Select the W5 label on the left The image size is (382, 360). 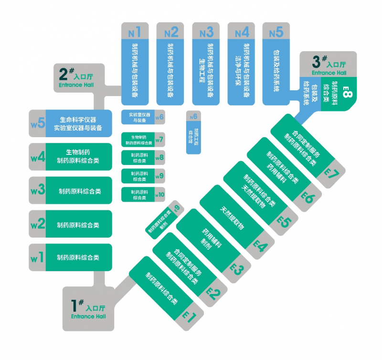click(x=37, y=122)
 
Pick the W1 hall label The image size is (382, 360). click(x=37, y=257)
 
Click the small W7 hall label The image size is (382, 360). click(x=159, y=140)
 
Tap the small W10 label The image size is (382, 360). click(x=159, y=195)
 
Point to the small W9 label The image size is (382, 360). click(x=159, y=176)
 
